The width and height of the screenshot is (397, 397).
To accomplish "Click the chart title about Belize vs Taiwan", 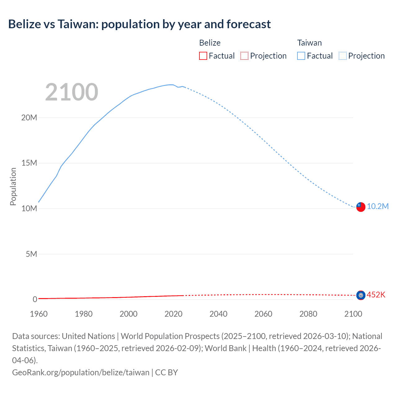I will (139, 24).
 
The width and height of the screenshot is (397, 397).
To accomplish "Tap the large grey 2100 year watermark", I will (72, 92).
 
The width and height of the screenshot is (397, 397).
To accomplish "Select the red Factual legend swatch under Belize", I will (203, 56).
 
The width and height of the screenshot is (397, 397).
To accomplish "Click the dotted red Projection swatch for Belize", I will (244, 56).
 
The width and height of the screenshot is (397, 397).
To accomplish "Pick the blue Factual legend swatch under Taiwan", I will (301, 56).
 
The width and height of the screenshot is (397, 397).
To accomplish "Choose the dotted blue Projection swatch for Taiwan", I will (342, 56).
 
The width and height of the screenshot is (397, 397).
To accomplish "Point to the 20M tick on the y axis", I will (29, 118).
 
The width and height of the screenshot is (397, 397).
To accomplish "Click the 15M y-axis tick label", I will (29, 163).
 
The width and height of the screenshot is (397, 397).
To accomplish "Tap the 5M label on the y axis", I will (31, 254).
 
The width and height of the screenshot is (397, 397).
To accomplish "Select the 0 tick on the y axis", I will (35, 299).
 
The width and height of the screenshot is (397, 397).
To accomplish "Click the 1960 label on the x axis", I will (39, 314).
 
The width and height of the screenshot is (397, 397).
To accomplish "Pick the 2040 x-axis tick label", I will (218, 314).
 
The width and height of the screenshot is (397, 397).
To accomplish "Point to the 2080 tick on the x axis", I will (308, 314).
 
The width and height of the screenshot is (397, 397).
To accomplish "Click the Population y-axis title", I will (13, 186).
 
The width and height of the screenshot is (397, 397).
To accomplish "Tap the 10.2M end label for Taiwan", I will (377, 207).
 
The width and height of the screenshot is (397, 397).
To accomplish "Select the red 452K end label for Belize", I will (376, 295).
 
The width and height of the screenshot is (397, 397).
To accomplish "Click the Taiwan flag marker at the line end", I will (361, 207).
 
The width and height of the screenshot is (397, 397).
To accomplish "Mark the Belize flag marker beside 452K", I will (361, 295).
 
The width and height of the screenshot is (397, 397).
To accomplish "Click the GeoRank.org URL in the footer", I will (81, 372).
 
